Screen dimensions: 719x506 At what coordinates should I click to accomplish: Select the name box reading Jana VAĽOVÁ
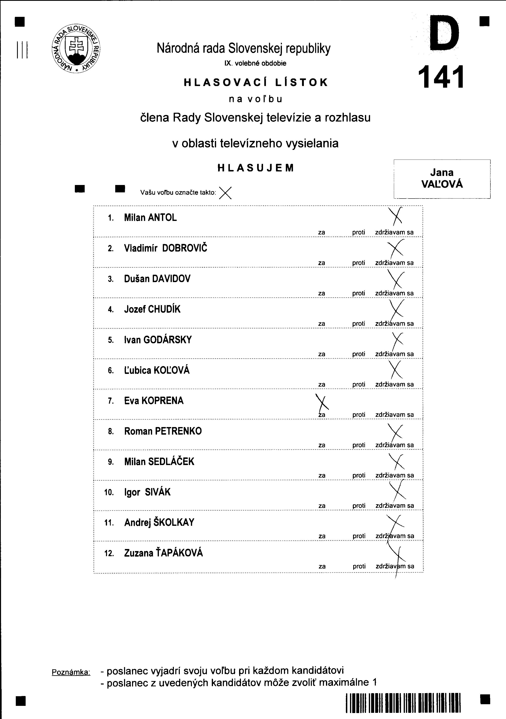click(x=442, y=178)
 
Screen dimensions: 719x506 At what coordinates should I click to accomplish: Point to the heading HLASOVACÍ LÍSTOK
click(x=256, y=82)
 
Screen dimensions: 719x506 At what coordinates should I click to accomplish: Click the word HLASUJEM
click(x=256, y=168)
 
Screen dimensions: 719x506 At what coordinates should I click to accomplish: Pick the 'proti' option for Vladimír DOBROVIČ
click(x=358, y=263)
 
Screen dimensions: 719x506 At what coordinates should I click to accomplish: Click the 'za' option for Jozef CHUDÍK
click(x=321, y=324)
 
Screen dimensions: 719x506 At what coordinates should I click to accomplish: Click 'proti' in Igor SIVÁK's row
click(x=359, y=506)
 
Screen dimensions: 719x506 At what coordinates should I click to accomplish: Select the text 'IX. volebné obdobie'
click(x=255, y=63)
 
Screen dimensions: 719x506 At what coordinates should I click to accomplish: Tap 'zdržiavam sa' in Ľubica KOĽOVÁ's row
click(x=394, y=385)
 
